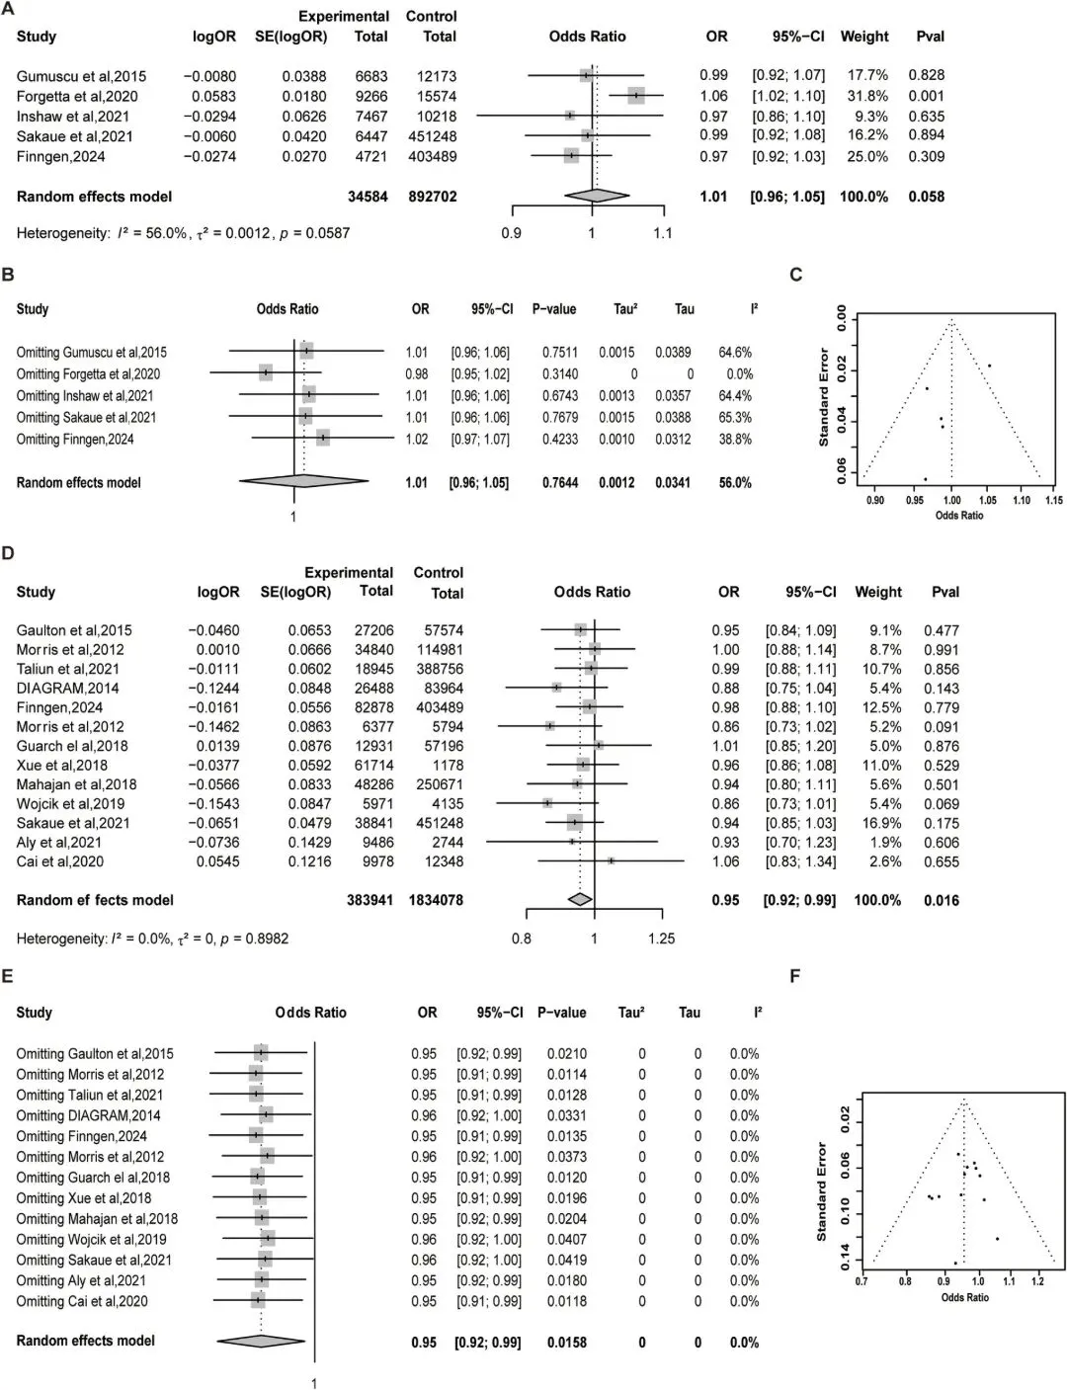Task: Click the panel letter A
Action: click(x=8, y=9)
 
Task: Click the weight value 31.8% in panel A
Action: click(x=863, y=96)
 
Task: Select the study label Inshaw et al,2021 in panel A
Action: click(x=72, y=117)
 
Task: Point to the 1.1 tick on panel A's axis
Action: click(x=662, y=233)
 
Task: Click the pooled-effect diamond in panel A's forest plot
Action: click(x=597, y=197)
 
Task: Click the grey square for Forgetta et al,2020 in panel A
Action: click(x=635, y=96)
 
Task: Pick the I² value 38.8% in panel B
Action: click(x=735, y=439)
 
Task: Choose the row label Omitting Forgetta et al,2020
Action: click(x=88, y=373)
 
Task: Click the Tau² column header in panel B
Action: click(x=625, y=309)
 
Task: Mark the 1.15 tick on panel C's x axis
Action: click(x=1053, y=500)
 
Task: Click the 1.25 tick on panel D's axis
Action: click(x=661, y=939)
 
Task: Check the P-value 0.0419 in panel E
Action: click(x=566, y=1260)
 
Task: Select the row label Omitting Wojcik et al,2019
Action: click(x=91, y=1239)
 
